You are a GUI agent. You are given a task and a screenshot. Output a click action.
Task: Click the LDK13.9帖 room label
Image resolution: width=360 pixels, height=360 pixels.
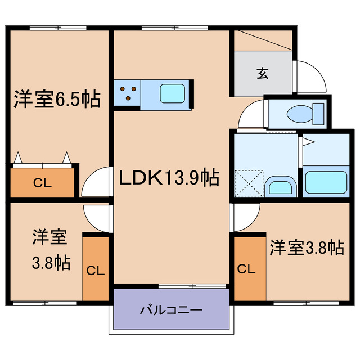[169, 178]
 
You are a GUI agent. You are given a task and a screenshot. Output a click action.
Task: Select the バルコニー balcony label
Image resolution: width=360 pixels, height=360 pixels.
[171, 310]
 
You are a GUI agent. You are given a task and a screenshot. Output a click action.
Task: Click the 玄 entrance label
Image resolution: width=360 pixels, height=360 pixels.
[263, 73]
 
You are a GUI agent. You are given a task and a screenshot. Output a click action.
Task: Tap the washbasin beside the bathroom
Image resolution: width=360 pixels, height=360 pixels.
[280, 186]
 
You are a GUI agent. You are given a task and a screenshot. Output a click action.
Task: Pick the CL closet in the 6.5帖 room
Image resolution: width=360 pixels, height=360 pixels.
[42, 182]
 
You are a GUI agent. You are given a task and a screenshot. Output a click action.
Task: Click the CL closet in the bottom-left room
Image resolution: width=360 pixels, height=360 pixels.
[95, 269]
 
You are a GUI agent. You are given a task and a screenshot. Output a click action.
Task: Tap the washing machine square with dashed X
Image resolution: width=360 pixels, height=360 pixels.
[249, 183]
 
